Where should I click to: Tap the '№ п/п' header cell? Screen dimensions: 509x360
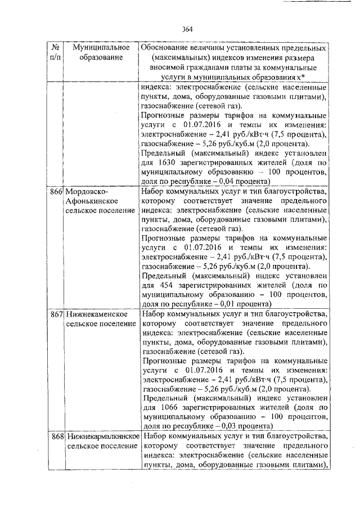(x=55, y=53)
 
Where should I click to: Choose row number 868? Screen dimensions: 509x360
(x=55, y=436)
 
